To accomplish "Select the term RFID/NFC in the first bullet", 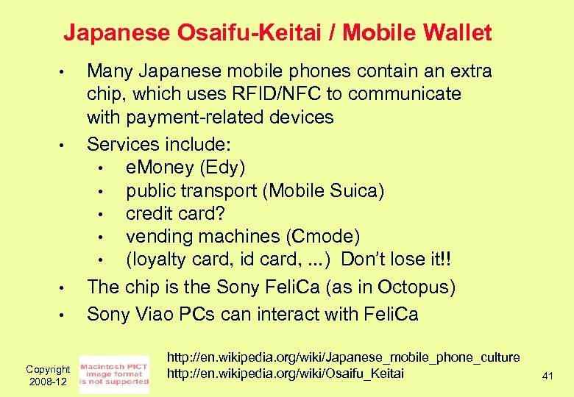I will tap(302, 94).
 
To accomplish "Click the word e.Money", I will tap(160, 168).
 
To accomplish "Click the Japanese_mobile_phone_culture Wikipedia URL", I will tap(343, 357).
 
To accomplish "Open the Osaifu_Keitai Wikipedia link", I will tap(286, 373).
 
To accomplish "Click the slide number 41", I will tap(547, 376).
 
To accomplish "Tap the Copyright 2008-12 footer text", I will tap(47, 376).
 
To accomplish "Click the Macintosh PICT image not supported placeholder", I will tap(113, 374).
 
